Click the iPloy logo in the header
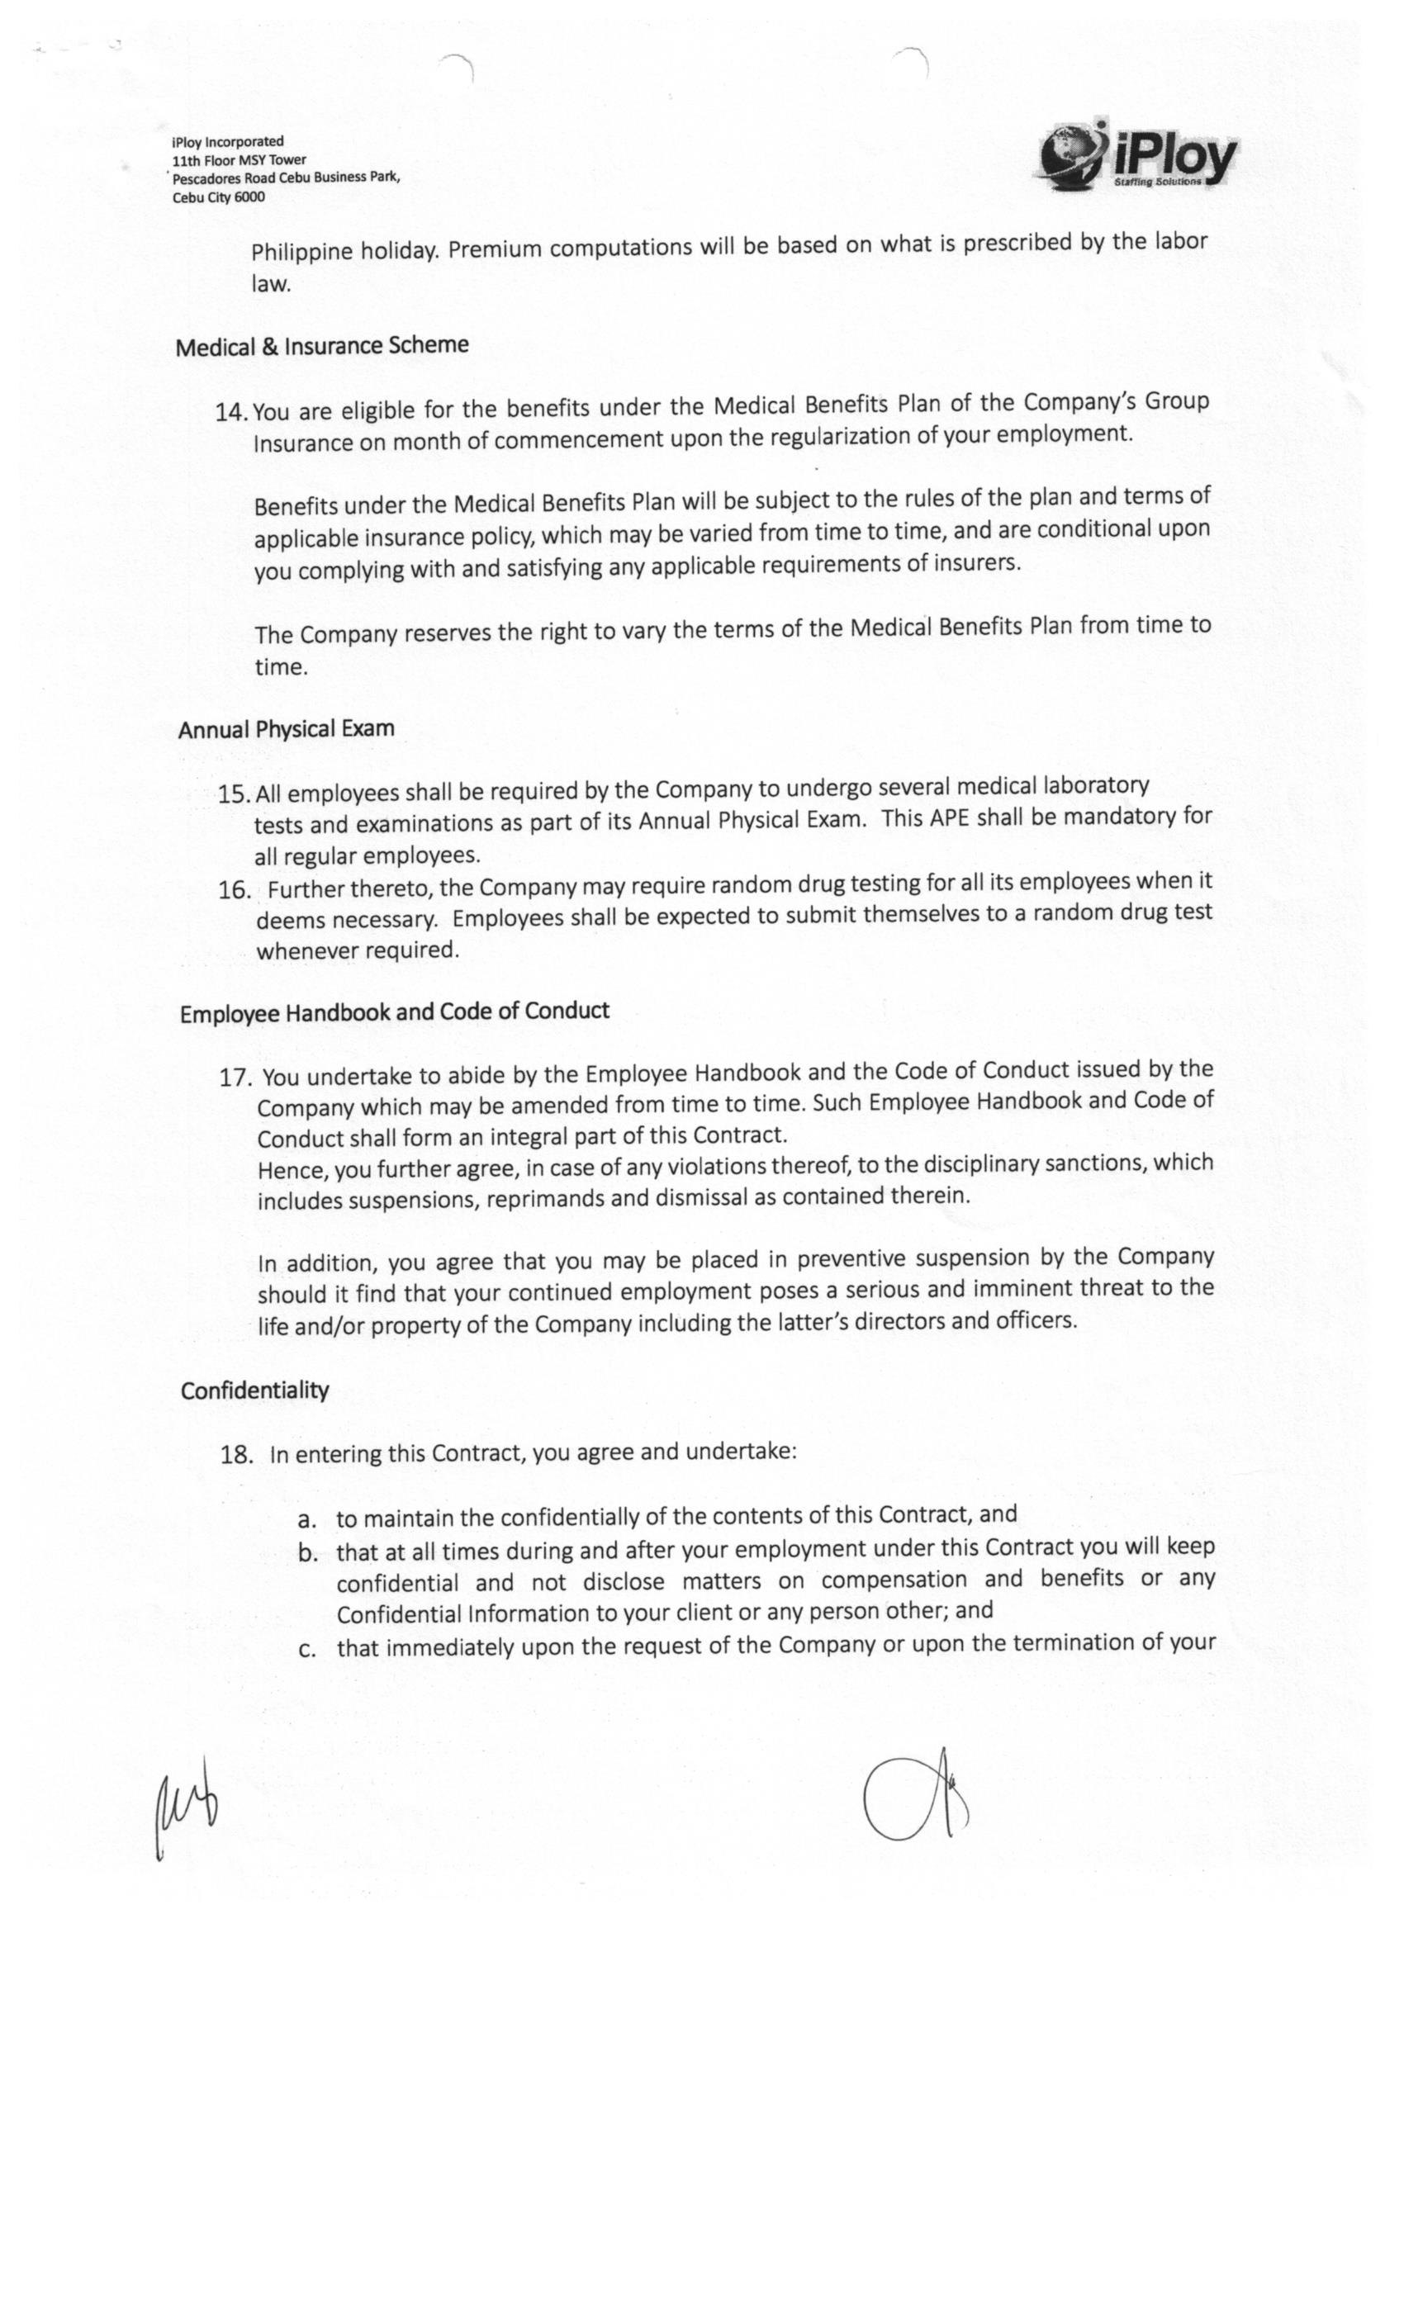pyautogui.click(x=1136, y=156)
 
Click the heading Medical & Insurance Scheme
pyautogui.click(x=322, y=346)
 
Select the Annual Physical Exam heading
pyautogui.click(x=287, y=729)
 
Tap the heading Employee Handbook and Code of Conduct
pyautogui.click(x=394, y=1011)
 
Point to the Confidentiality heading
pyautogui.click(x=254, y=1390)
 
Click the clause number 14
pyautogui.click(x=231, y=412)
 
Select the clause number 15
pyautogui.click(x=234, y=794)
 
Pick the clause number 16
pyautogui.click(x=234, y=889)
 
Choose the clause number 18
pyautogui.click(x=236, y=1454)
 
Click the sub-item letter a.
pyautogui.click(x=307, y=1519)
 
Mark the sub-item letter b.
pyautogui.click(x=308, y=1553)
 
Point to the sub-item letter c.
pyautogui.click(x=307, y=1649)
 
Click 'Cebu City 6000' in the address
pyautogui.click(x=219, y=197)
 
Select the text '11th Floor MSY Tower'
pyautogui.click(x=239, y=160)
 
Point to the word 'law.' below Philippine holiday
pyautogui.click(x=271, y=284)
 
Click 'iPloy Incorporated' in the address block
pyautogui.click(x=227, y=143)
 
